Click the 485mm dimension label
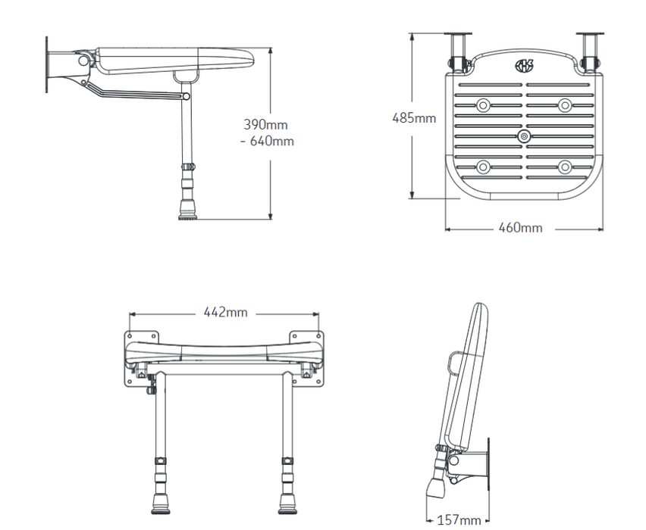click(x=414, y=119)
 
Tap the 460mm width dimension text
click(x=520, y=228)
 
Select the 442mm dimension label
click(x=225, y=312)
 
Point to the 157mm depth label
click(x=459, y=521)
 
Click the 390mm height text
click(x=265, y=125)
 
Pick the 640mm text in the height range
click(x=272, y=141)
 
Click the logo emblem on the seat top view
click(x=524, y=65)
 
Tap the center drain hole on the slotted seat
click(x=524, y=136)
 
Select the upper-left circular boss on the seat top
click(x=483, y=105)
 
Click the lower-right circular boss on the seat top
click(x=565, y=167)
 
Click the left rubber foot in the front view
click(x=161, y=504)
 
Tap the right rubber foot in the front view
click(x=287, y=504)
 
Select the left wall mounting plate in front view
click(x=141, y=359)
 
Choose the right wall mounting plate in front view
click(x=306, y=359)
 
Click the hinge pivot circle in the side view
click(x=83, y=61)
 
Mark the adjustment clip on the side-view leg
click(x=188, y=167)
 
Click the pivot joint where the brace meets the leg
click(x=187, y=96)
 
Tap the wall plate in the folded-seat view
click(x=488, y=465)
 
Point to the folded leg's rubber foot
click(x=435, y=488)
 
